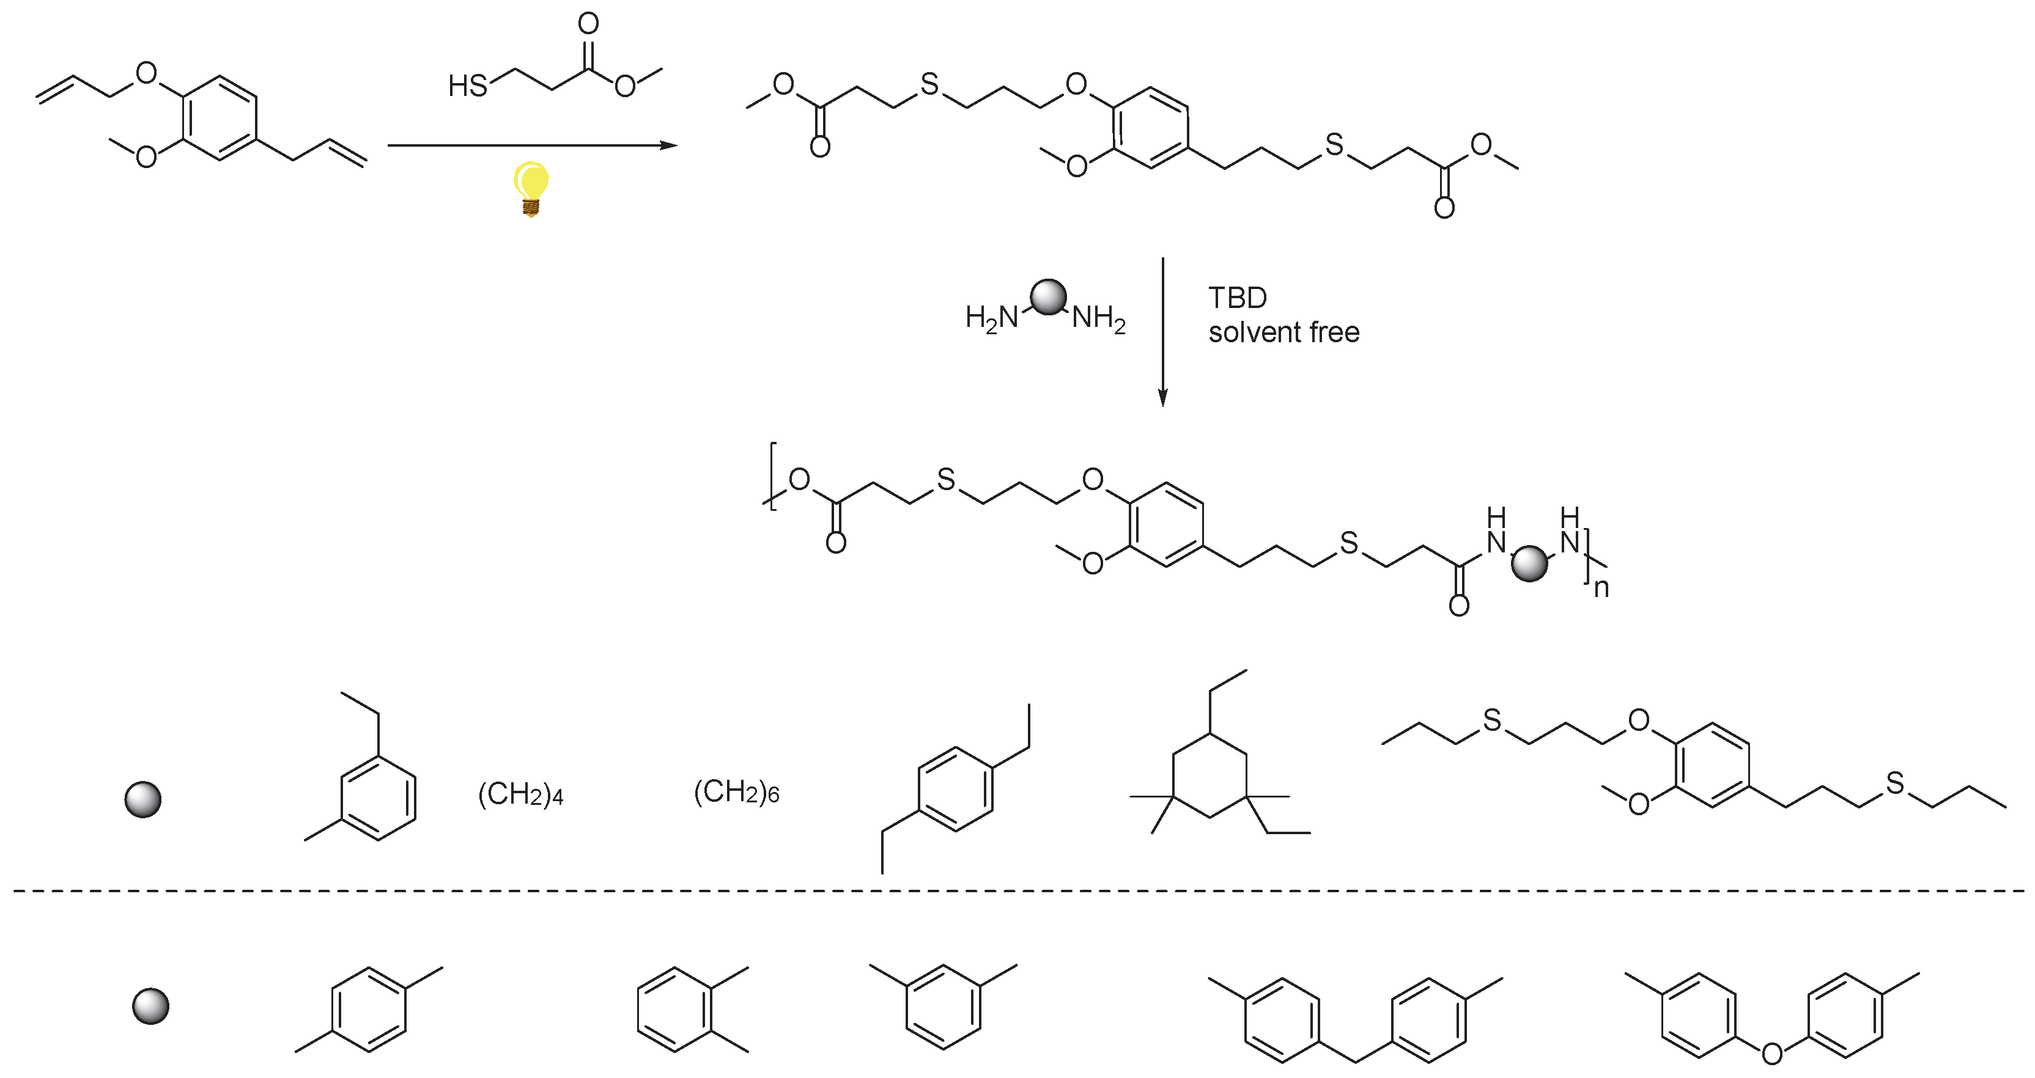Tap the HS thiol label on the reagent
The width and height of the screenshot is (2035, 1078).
coord(468,86)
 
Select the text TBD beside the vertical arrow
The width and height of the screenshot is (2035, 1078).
coord(1237,298)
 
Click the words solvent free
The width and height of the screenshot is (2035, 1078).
coord(1283,332)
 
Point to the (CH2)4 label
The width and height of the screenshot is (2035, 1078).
coord(520,794)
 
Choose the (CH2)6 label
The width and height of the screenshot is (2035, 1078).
coord(736,791)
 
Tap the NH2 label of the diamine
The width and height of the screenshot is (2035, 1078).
coord(1099,318)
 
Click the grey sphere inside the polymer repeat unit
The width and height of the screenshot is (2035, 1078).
coord(1529,563)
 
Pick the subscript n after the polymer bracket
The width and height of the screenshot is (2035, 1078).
coord(1601,588)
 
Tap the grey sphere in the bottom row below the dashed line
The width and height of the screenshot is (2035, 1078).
coord(150,1006)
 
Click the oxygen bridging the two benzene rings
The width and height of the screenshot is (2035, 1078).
coord(1772,1053)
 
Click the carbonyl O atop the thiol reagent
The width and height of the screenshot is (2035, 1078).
coord(588,23)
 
